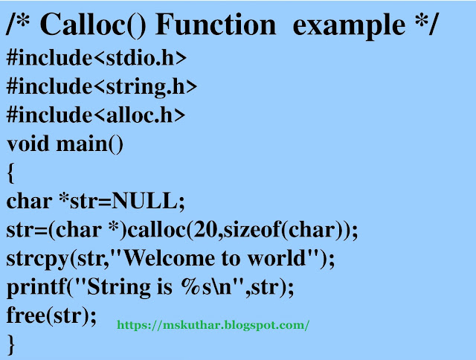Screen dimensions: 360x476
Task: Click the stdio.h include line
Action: click(x=97, y=58)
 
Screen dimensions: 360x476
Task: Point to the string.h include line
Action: click(x=102, y=86)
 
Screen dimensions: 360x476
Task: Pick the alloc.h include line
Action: click(x=96, y=115)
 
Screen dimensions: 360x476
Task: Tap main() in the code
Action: click(x=90, y=143)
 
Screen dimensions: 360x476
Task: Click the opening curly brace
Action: click(x=10, y=173)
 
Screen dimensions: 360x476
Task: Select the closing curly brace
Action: click(x=10, y=343)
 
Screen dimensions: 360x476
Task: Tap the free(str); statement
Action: click(x=51, y=315)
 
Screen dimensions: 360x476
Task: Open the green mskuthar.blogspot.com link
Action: click(x=213, y=326)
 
